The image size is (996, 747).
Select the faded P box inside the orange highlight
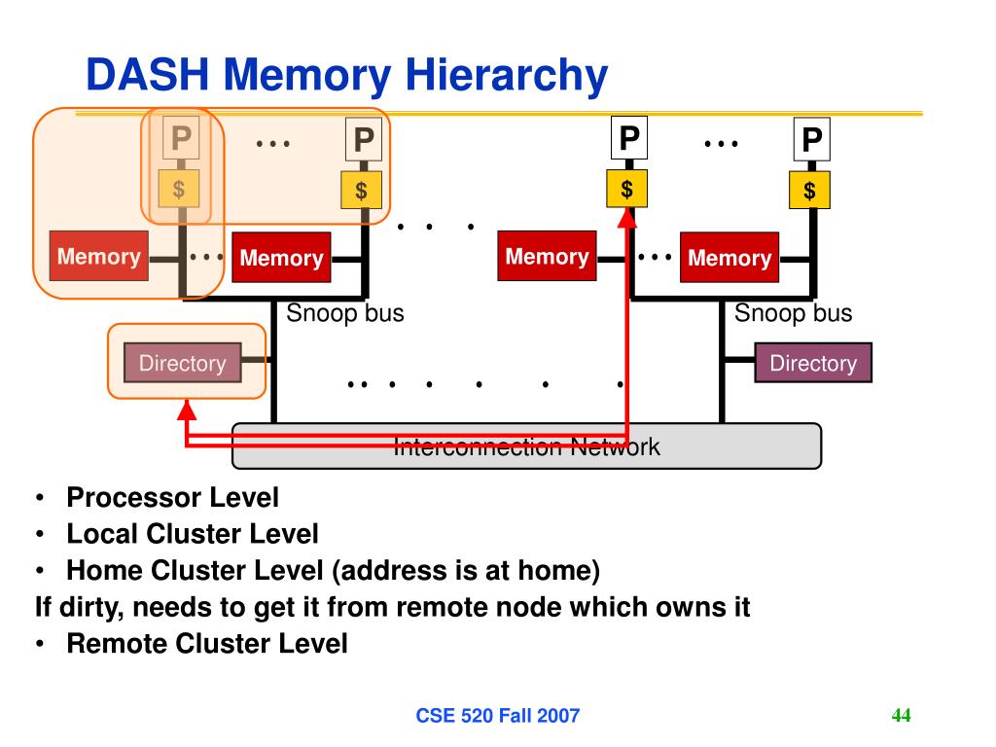coord(180,140)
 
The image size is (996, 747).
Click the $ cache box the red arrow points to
coord(627,189)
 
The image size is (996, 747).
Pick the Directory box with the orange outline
coord(182,364)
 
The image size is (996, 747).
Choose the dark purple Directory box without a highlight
coord(813,363)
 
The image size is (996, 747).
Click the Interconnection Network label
coord(526,447)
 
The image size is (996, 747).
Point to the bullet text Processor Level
coord(172,498)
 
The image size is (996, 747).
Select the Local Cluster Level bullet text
coord(192,534)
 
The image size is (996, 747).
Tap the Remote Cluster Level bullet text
coord(206,643)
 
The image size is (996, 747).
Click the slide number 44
coord(901,716)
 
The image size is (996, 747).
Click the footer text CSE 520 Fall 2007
coord(497,717)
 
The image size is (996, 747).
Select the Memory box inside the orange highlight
coord(98,257)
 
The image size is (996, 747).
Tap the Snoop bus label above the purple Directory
coord(793,313)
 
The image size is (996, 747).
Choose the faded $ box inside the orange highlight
coord(179,189)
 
